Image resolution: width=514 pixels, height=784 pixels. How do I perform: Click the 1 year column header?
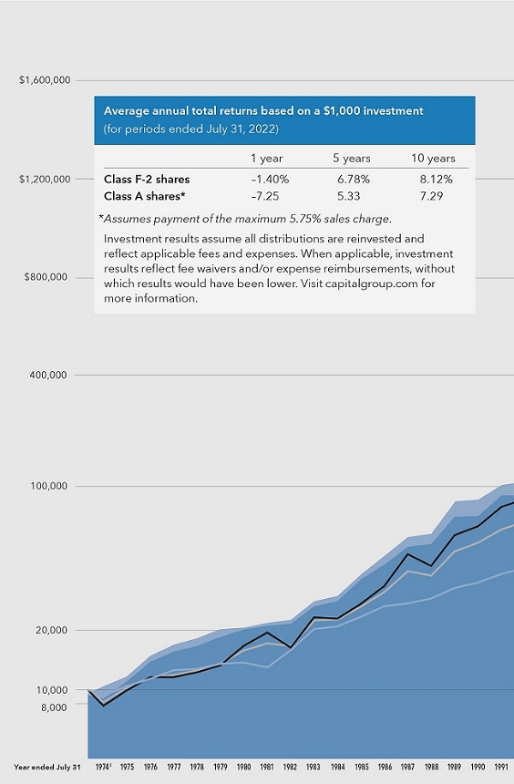click(266, 159)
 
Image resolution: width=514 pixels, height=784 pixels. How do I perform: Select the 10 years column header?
click(433, 159)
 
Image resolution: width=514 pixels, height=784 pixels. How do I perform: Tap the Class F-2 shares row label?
click(146, 179)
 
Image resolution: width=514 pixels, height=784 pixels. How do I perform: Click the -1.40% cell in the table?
click(269, 179)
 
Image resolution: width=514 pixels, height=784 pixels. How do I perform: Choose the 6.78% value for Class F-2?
click(351, 179)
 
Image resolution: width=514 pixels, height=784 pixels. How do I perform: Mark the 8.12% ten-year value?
click(435, 179)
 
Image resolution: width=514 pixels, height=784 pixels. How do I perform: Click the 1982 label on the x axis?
click(291, 767)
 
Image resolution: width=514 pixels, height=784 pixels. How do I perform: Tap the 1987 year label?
click(409, 767)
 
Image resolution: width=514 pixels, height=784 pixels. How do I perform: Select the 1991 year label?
click(504, 767)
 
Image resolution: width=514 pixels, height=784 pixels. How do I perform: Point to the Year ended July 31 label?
click(48, 767)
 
